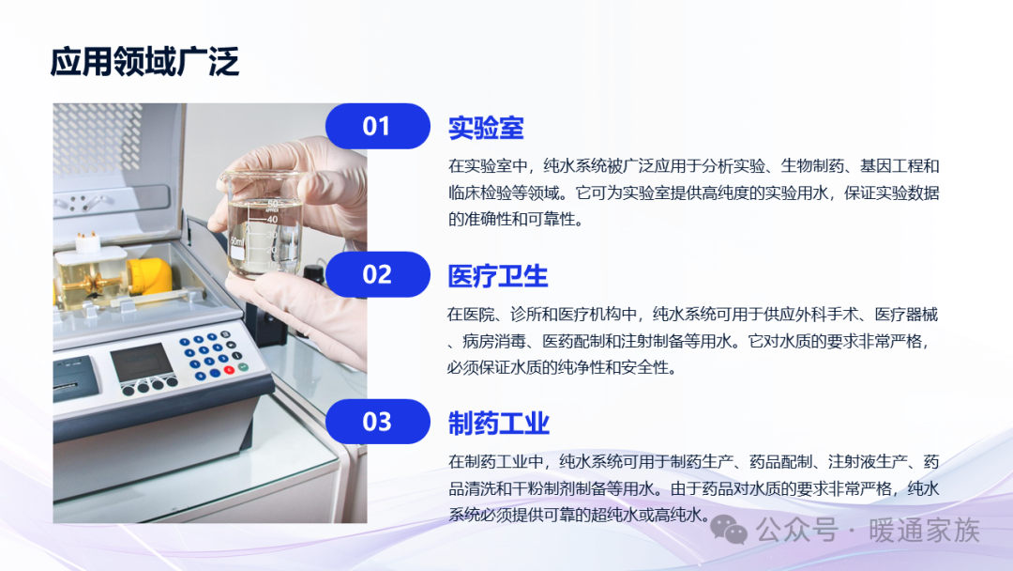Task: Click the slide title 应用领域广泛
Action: click(144, 62)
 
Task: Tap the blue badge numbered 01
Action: click(378, 126)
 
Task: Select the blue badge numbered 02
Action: click(378, 274)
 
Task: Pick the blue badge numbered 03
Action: click(378, 422)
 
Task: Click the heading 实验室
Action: click(486, 128)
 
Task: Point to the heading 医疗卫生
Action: click(498, 276)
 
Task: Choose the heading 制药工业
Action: click(499, 424)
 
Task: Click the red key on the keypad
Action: click(229, 370)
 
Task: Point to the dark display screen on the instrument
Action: click(143, 363)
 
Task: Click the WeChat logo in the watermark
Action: click(729, 531)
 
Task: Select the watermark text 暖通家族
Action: click(924, 531)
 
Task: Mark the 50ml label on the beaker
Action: click(237, 242)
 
